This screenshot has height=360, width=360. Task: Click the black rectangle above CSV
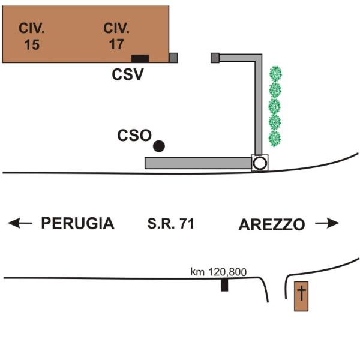coord(140,58)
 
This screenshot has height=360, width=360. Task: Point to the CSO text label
coord(134,136)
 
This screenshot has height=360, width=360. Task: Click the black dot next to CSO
coord(159,145)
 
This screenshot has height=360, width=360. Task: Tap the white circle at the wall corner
coord(259,163)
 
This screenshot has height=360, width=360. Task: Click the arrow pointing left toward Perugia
coord(20,223)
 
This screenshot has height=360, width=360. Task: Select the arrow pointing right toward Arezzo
coord(328,223)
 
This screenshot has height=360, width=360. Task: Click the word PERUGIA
coord(77,224)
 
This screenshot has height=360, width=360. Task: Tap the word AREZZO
coord(272,224)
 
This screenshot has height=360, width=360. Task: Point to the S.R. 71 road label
coord(172,224)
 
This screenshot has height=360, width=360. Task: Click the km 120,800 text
coord(218,272)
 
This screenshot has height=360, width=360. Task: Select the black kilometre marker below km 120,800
coord(224,285)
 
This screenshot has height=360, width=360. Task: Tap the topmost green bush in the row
coord(275,74)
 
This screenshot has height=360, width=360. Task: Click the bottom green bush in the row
coord(275,139)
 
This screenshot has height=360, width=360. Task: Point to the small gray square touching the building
coord(173,58)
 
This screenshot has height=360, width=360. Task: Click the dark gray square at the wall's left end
coord(215,57)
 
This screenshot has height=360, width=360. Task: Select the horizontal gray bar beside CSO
coord(198,163)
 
